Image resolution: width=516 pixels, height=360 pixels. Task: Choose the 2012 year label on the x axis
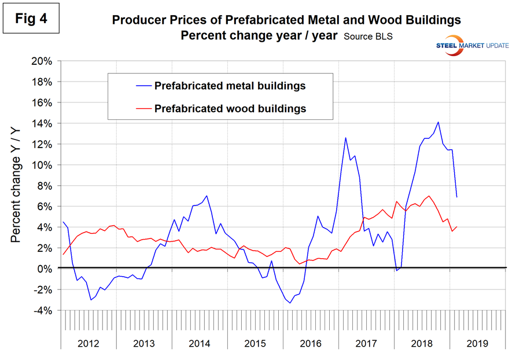(88, 343)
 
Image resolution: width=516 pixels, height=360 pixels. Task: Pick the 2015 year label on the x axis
(256, 343)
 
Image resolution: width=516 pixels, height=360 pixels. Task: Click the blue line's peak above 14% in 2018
(438, 122)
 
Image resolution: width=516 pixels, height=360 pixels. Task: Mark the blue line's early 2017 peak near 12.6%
(345, 138)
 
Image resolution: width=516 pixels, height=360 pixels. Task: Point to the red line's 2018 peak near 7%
(429, 196)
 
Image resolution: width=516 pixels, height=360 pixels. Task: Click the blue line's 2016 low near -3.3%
(290, 303)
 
